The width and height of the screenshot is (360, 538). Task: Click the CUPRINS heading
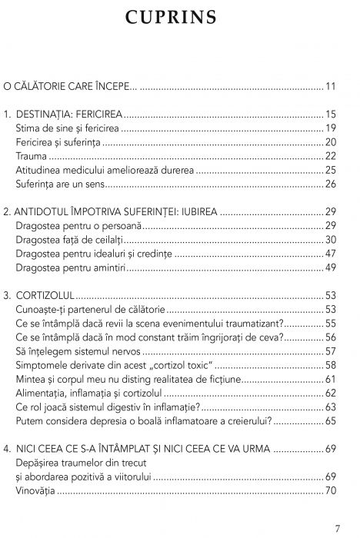click(180, 17)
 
